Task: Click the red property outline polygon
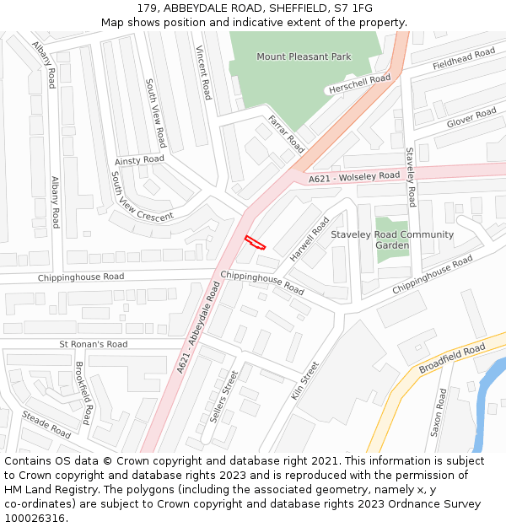[255, 243]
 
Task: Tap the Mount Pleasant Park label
[303, 56]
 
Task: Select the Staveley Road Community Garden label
[392, 239]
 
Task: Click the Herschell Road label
[358, 83]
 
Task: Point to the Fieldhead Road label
[463, 59]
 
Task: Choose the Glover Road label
[471, 118]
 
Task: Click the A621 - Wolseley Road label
[353, 177]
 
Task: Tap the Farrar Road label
[286, 133]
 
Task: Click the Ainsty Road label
[139, 160]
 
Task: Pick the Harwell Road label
[310, 239]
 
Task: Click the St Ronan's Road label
[94, 344]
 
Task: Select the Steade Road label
[47, 423]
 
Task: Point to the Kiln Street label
[310, 381]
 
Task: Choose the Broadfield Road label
[452, 358]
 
